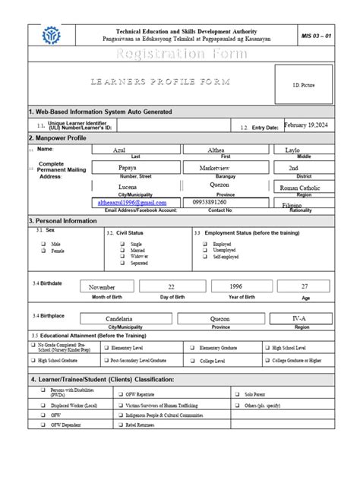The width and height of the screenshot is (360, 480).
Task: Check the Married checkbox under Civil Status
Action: click(122, 250)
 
